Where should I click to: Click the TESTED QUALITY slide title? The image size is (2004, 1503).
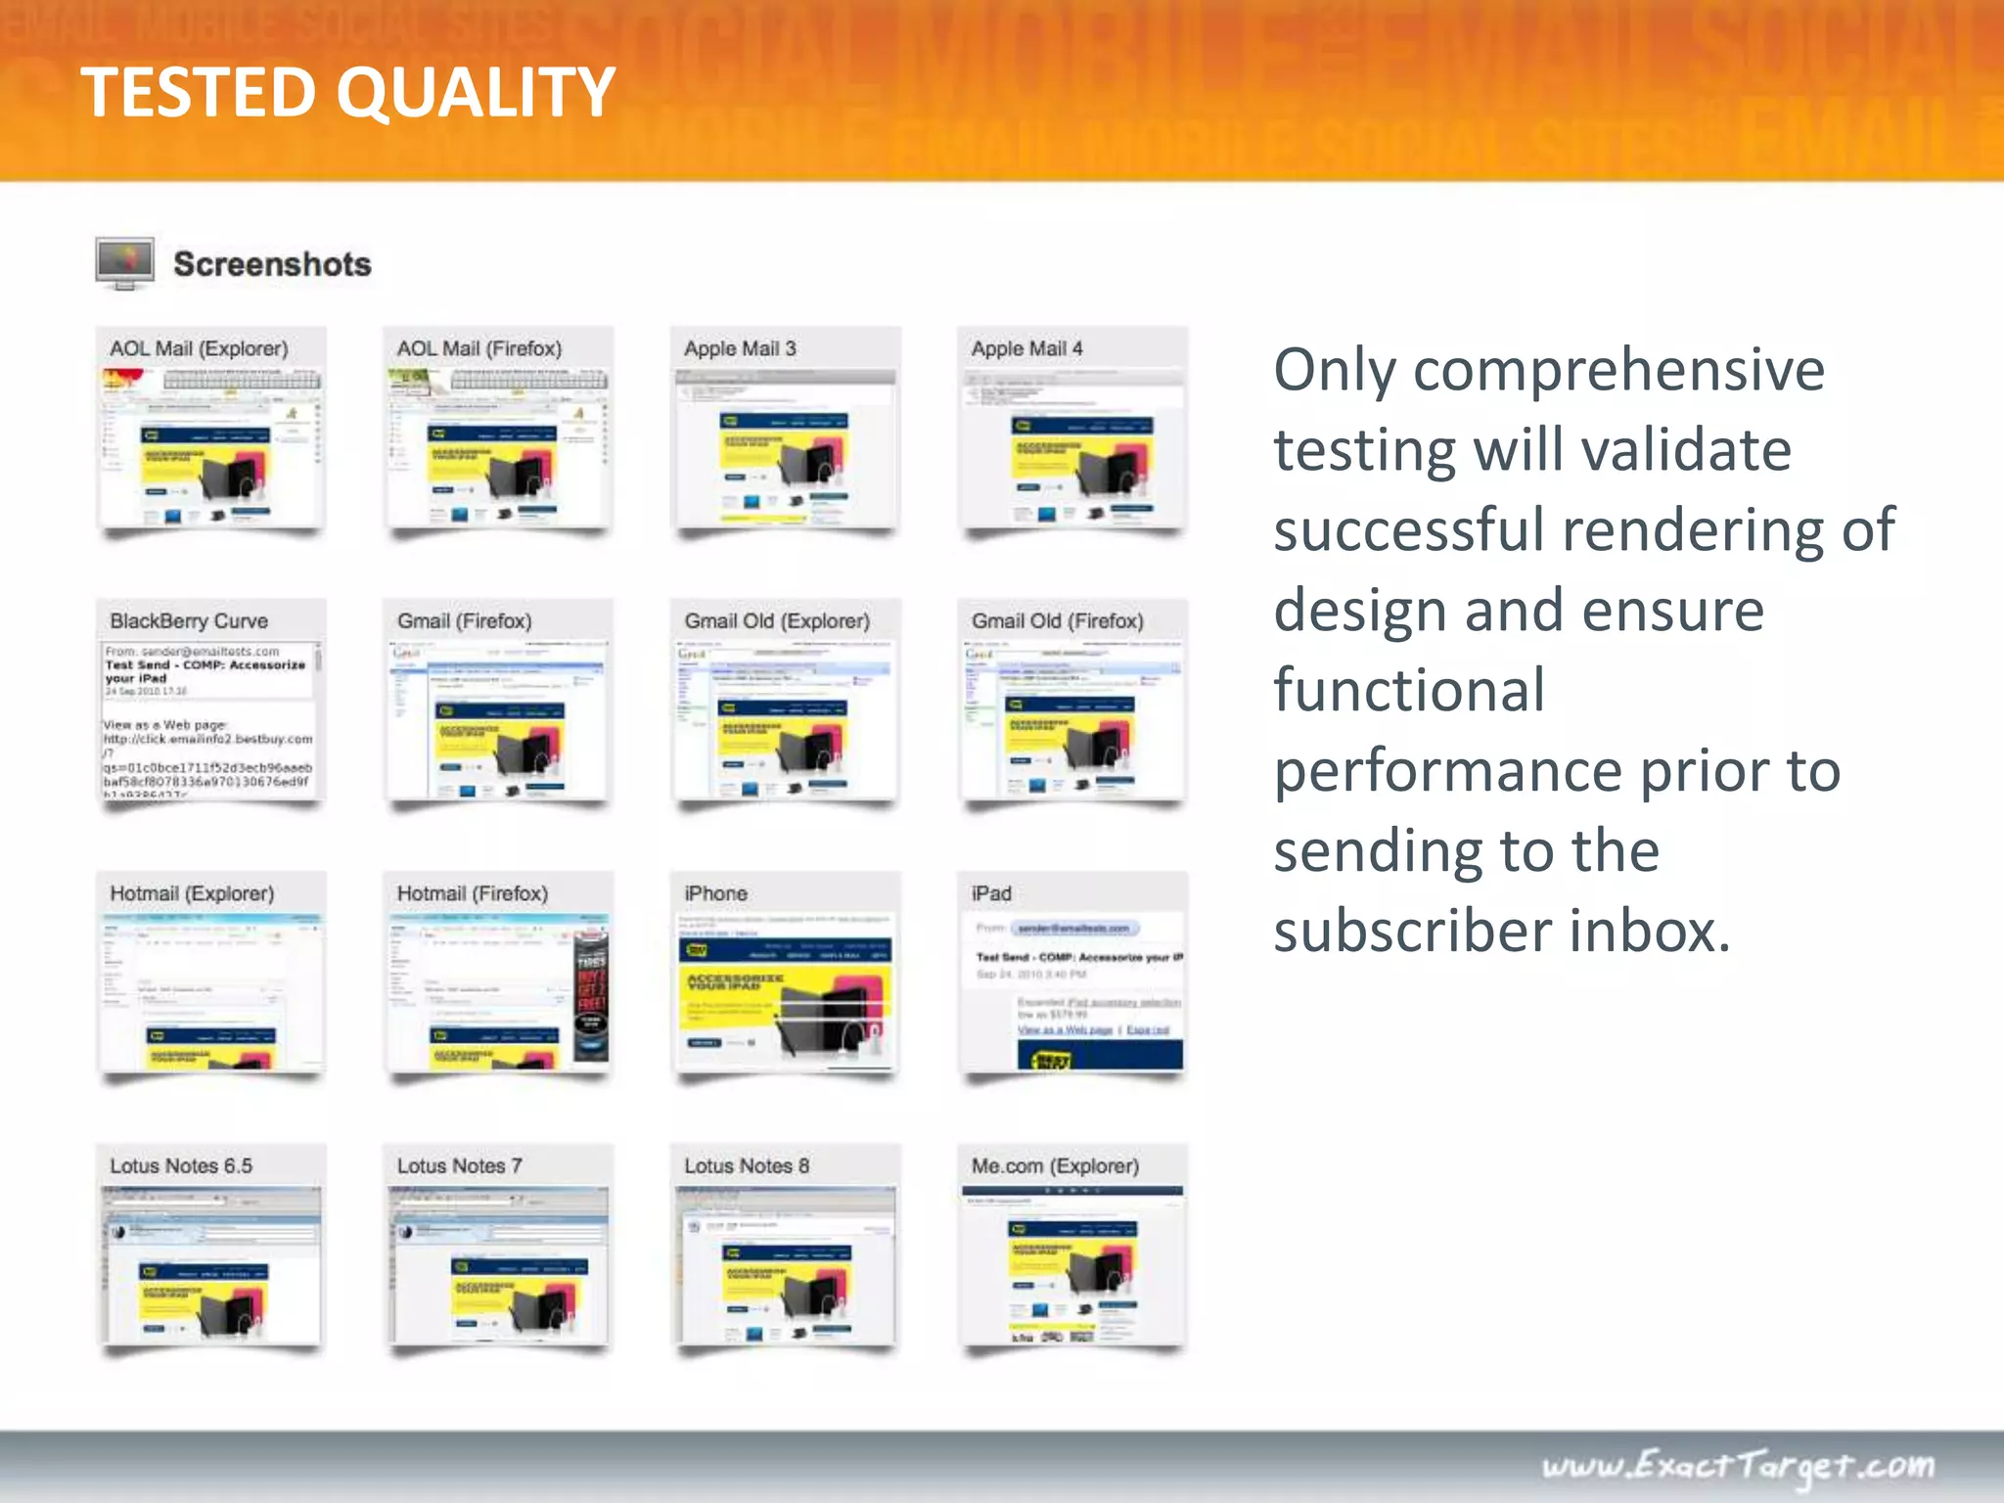(x=347, y=93)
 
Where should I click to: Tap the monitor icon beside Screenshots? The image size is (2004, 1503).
(x=125, y=262)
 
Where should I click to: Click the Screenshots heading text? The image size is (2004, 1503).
(x=272, y=264)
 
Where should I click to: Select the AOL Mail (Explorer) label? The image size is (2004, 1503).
(x=199, y=348)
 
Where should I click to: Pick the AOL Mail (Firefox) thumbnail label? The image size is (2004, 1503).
(x=478, y=348)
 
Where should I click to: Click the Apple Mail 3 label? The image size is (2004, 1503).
(x=740, y=348)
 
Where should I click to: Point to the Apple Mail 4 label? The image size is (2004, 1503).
(x=1026, y=348)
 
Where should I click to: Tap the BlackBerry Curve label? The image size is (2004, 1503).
(x=189, y=621)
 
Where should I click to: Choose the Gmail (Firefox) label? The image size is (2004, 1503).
(x=464, y=621)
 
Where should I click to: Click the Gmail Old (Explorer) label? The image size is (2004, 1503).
(x=777, y=621)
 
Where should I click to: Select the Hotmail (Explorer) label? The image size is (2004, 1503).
(x=192, y=893)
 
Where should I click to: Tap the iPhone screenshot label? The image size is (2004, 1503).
(x=715, y=893)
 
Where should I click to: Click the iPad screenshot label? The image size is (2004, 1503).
(x=991, y=893)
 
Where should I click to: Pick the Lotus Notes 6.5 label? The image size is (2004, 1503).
(x=181, y=1165)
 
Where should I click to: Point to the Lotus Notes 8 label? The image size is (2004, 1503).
(x=747, y=1165)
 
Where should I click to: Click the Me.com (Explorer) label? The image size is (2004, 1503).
(x=1055, y=1165)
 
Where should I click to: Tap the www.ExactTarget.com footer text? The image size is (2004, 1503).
(x=1738, y=1466)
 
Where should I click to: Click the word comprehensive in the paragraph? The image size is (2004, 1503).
(x=1618, y=371)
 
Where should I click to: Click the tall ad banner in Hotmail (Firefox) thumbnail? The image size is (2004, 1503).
(x=591, y=994)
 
